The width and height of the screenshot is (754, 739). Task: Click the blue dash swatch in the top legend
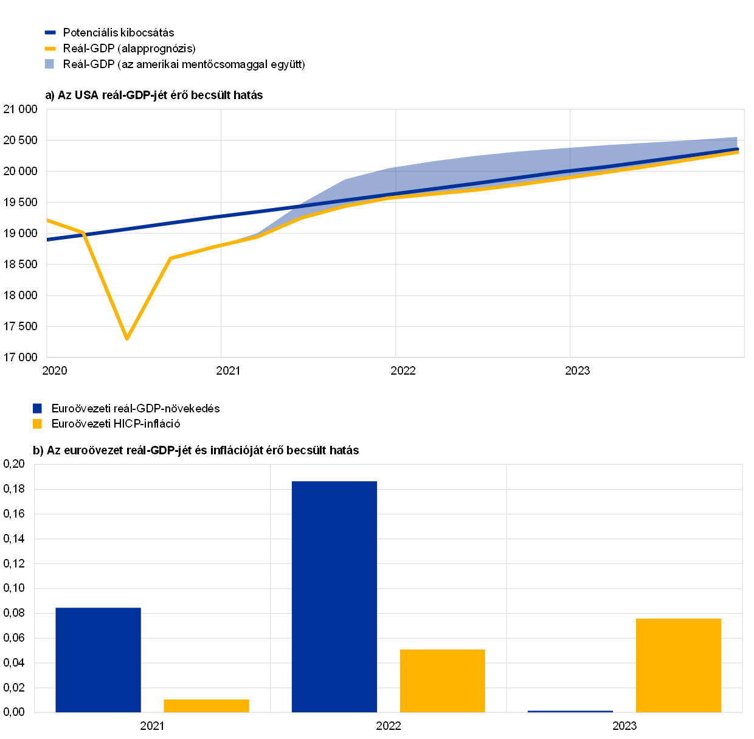[50, 32]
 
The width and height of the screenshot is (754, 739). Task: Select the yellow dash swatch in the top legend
[50, 49]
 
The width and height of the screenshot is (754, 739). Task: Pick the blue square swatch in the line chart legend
[49, 64]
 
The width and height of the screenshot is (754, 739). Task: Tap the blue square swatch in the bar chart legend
[37, 408]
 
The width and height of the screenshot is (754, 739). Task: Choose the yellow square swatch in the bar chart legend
[37, 423]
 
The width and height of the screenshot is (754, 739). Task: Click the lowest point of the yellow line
[126, 338]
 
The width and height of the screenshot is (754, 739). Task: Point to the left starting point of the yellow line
[48, 220]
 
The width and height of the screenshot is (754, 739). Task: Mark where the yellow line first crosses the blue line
[83, 233]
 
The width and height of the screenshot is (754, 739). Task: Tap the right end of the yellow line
[738, 151]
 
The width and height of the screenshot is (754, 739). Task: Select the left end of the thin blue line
[48, 240]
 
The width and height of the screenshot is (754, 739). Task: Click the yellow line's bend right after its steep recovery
[171, 258]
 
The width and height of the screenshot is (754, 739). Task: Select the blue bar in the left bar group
[98, 660]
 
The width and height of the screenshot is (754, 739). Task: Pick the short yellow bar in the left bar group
[206, 706]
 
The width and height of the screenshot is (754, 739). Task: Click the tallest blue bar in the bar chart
[334, 596]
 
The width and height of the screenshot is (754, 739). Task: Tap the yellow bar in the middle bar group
[443, 681]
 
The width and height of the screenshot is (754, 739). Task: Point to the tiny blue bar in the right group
[570, 711]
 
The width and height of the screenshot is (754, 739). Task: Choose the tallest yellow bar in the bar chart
[679, 665]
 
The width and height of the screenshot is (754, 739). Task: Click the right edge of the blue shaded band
[736, 144]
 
